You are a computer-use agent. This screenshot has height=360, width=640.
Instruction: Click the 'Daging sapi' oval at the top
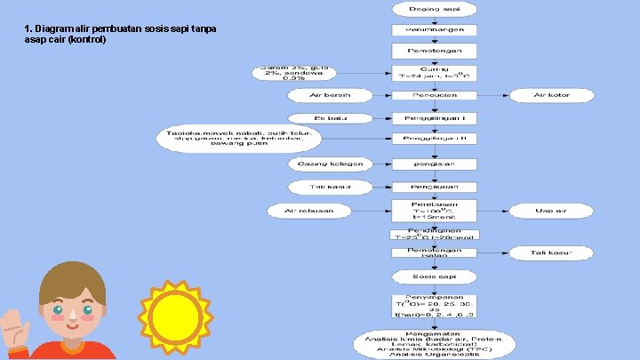[435, 9]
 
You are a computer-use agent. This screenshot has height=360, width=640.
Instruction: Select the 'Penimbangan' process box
[435, 29]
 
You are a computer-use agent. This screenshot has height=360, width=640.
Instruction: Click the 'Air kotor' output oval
[551, 95]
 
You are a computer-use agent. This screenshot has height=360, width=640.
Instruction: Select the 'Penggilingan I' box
[435, 118]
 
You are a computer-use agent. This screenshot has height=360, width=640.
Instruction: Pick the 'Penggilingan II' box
[435, 140]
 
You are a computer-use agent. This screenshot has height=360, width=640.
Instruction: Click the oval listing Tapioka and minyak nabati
[238, 140]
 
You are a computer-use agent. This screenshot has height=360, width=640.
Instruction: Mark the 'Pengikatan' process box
[435, 187]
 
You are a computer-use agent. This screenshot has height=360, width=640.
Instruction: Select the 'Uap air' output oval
[551, 211]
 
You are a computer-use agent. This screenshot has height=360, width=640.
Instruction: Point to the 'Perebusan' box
[435, 211]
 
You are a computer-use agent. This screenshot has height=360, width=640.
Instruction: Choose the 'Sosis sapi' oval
[435, 277]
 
